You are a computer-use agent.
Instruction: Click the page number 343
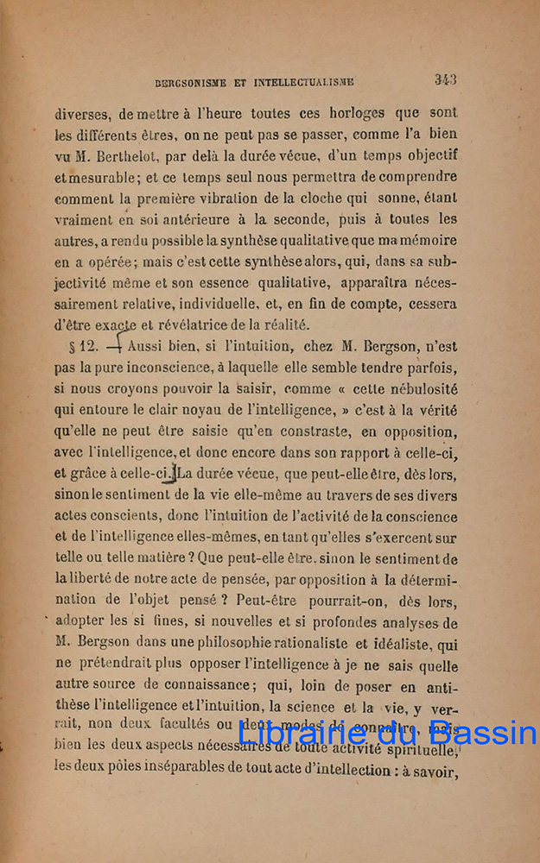445,79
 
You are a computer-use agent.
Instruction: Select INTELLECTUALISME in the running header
302,83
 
